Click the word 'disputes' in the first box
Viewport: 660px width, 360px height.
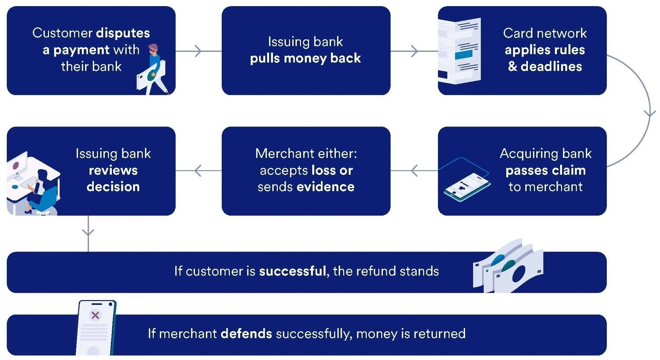click(x=123, y=33)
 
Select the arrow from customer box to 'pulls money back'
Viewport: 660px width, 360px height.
click(x=198, y=51)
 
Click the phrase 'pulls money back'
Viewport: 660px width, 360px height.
click(x=305, y=58)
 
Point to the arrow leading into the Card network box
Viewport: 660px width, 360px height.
click(x=414, y=51)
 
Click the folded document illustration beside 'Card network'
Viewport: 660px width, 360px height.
click(x=459, y=51)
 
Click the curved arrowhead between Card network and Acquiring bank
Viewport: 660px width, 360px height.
click(x=650, y=113)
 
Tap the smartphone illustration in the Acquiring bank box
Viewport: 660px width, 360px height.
click(x=467, y=186)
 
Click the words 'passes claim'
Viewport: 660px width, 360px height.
click(x=545, y=170)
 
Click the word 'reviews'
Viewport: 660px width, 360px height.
click(x=113, y=170)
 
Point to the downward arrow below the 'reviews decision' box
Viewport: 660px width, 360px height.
click(x=88, y=232)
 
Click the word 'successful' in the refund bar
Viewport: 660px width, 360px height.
click(x=292, y=271)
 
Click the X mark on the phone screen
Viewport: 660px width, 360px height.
click(x=95, y=315)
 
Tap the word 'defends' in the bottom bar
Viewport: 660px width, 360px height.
click(x=246, y=334)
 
